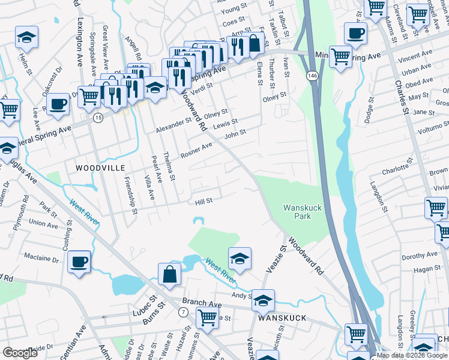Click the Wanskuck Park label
(298, 212)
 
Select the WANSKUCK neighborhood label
(282, 318)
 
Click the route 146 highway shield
(312, 76)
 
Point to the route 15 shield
(97, 118)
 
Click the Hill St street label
(204, 202)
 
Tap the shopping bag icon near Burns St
(170, 274)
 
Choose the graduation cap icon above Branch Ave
(263, 300)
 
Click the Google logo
(20, 352)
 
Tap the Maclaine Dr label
(41, 260)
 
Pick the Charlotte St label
(395, 166)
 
